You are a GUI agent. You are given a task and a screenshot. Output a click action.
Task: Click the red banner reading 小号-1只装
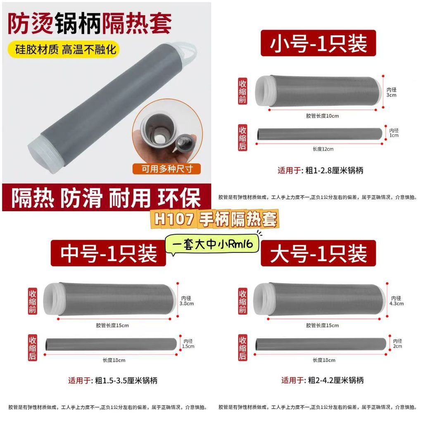[x=318, y=43]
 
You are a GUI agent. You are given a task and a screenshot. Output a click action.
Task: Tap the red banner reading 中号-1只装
[x=108, y=253]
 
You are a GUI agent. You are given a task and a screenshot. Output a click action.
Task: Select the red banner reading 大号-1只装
[x=318, y=253]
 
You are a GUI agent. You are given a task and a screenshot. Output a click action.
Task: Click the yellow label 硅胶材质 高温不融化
[x=64, y=50]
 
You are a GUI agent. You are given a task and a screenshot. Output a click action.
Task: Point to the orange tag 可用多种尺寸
[x=167, y=169]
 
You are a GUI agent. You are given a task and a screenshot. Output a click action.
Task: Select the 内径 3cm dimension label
[x=392, y=92]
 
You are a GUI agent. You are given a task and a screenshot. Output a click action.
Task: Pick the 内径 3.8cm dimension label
[x=187, y=301]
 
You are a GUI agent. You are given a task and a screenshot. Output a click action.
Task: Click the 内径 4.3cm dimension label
[x=396, y=301]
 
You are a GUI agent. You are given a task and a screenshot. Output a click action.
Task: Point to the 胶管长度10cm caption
[x=322, y=116]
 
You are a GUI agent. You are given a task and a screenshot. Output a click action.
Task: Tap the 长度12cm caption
[x=323, y=149]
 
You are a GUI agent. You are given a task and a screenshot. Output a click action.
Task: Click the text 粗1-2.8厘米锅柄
[x=334, y=171]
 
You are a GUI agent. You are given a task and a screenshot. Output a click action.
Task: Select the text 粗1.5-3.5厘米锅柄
[x=126, y=380]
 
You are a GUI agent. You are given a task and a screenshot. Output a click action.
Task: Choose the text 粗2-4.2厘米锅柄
[x=336, y=380]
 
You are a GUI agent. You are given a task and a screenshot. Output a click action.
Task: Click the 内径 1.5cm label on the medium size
[x=188, y=344]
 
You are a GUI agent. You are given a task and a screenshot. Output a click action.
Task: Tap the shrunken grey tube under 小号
[x=319, y=134]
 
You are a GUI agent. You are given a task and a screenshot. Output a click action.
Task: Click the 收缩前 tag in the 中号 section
[x=32, y=301]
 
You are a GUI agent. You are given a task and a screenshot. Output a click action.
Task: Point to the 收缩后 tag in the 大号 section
[x=242, y=347]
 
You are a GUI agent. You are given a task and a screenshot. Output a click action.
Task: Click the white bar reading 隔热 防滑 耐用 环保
[x=106, y=197]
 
